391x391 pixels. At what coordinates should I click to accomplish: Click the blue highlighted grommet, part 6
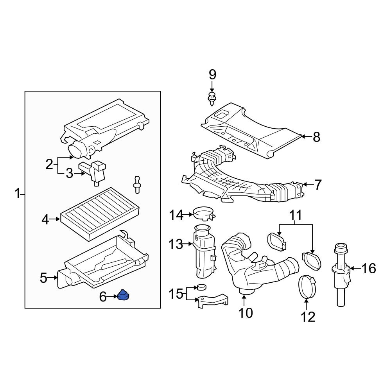[124, 296]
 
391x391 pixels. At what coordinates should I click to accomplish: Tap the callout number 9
[212, 74]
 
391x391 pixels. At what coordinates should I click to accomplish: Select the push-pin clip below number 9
[212, 98]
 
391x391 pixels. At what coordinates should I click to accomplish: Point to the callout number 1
[17, 193]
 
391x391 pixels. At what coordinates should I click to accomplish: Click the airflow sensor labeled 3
[95, 172]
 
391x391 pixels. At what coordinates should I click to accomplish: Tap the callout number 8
[316, 137]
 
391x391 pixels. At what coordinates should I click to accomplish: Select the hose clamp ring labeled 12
[307, 287]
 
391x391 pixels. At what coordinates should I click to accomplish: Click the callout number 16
[368, 268]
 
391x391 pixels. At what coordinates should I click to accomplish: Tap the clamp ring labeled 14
[203, 214]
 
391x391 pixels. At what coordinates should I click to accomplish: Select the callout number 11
[296, 215]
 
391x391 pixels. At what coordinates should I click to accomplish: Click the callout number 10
[246, 313]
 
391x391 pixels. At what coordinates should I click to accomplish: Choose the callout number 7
[317, 185]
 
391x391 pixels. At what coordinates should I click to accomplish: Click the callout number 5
[44, 278]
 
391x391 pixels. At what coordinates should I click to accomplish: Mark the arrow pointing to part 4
[55, 220]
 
